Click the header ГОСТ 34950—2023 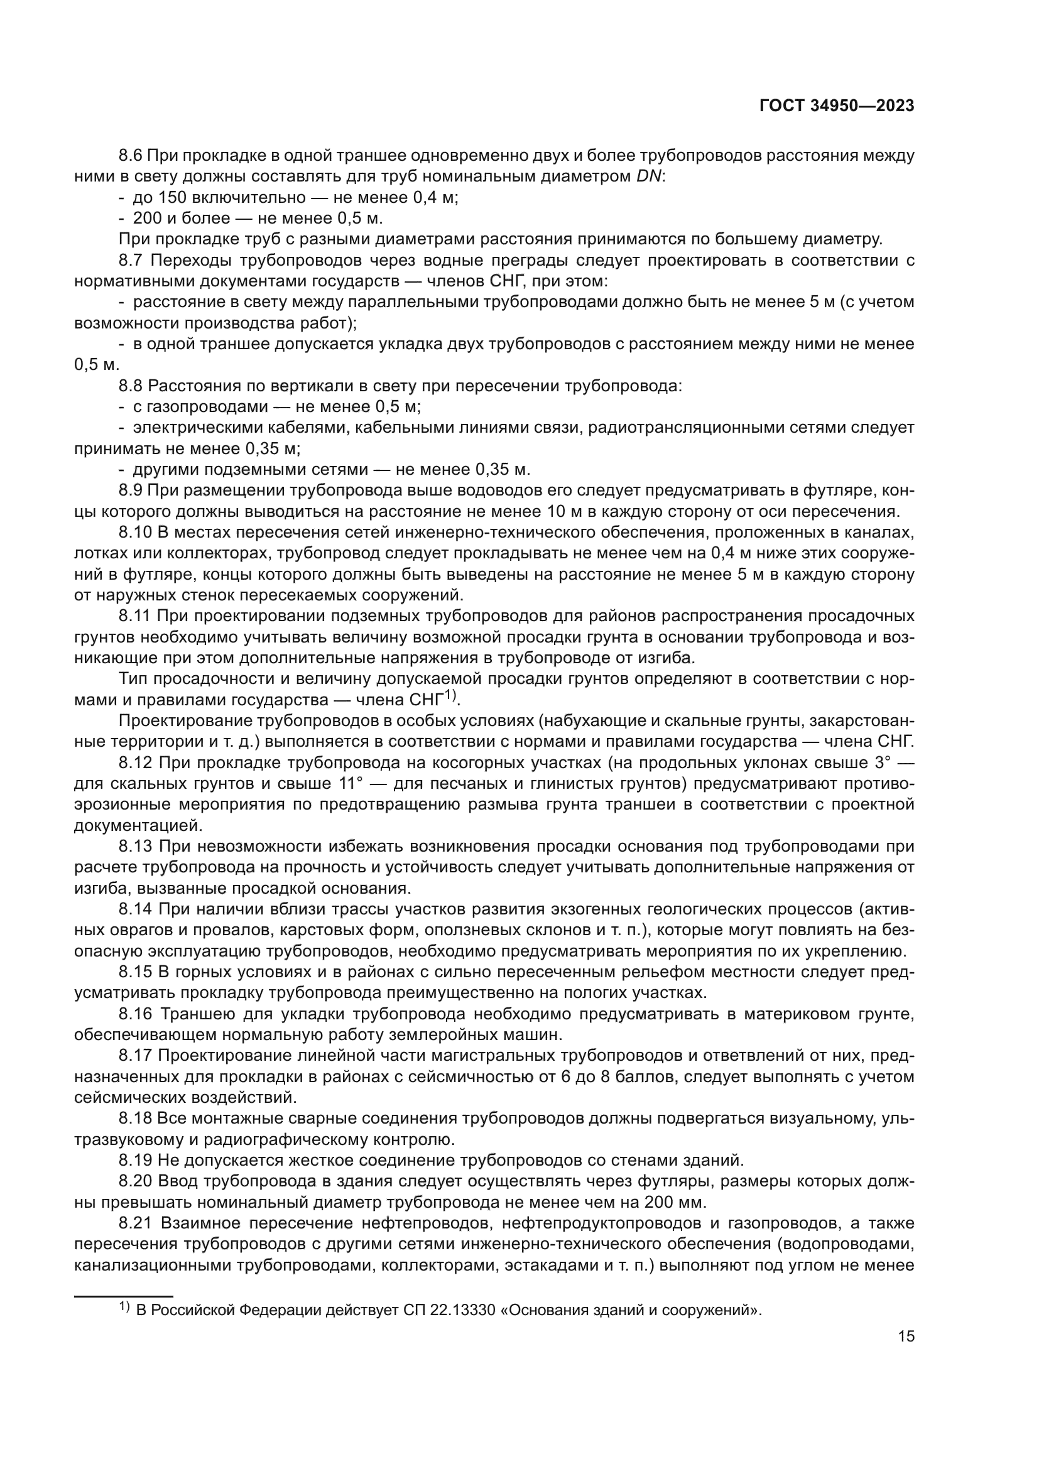(x=837, y=106)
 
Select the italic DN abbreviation (x=649, y=176)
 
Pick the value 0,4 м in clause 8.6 (x=435, y=198)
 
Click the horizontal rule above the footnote (x=124, y=1292)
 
